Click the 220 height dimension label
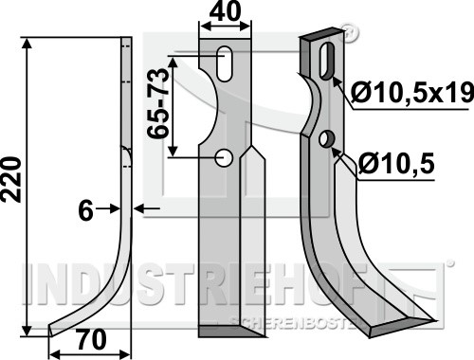11,179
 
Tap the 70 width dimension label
91,339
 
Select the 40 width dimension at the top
225,11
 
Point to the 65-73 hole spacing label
158,103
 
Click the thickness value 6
85,211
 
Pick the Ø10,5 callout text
396,164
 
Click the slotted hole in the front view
225,63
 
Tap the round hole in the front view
224,157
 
